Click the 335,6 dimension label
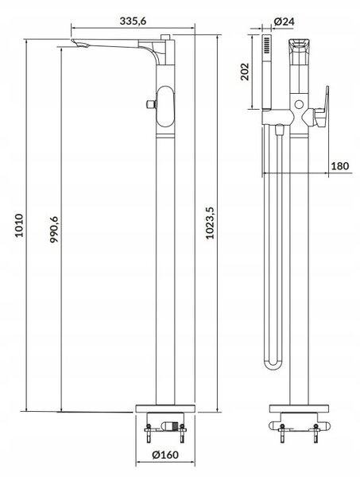tap(133, 21)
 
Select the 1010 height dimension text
tap(19, 226)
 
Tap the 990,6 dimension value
tap(54, 229)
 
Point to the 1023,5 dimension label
tap(210, 223)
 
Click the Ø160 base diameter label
tap(165, 455)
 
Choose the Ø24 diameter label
tap(284, 21)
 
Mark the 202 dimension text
tap(245, 72)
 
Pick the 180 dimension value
tap(340, 166)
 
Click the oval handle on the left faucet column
tap(165, 107)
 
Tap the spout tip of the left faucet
tap(79, 44)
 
